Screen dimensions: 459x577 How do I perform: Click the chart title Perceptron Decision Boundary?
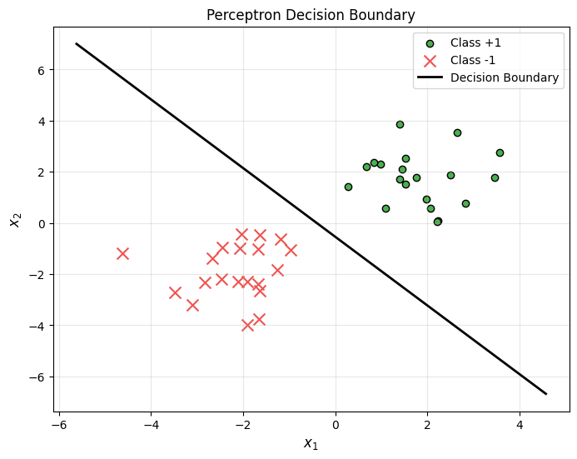[x=311, y=15]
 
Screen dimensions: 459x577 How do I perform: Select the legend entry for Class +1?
[x=475, y=42]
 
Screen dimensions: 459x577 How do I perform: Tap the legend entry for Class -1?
[x=475, y=60]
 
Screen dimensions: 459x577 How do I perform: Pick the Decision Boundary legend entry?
[x=504, y=77]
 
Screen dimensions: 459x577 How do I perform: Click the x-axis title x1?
[x=311, y=444]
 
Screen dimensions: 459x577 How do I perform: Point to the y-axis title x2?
[x=14, y=219]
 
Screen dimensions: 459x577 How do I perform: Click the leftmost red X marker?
[x=122, y=253]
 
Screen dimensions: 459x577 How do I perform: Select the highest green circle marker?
[x=400, y=124]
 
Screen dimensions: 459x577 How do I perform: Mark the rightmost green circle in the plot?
[x=500, y=152]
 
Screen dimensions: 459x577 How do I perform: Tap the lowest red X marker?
[x=247, y=325]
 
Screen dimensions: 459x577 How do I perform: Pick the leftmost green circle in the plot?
[x=348, y=187]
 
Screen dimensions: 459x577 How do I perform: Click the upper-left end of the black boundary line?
[x=77, y=44]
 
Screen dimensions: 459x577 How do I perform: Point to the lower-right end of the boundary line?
[x=546, y=393]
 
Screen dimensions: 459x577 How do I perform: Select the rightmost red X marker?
[x=291, y=250]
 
